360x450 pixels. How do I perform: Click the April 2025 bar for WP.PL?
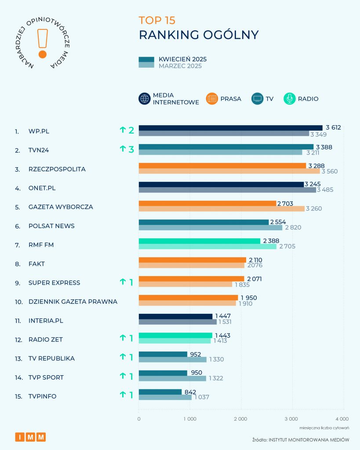230,127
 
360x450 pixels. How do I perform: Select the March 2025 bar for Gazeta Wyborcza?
222,209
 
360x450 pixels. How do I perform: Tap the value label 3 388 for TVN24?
324,147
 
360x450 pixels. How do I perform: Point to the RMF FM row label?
41,245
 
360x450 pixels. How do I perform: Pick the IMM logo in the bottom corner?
30,437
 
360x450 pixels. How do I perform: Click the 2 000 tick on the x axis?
240,419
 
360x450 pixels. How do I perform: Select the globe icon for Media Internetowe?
145,99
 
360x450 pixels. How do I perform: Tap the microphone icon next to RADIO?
290,99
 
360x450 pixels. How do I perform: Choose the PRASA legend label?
231,99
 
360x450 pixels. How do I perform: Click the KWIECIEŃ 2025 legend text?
182,59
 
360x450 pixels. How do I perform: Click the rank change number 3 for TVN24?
131,149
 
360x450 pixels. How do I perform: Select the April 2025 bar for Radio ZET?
175,336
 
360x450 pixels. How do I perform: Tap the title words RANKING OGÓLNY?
199,35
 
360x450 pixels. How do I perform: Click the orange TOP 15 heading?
157,20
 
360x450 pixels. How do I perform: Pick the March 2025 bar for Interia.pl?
178,322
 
